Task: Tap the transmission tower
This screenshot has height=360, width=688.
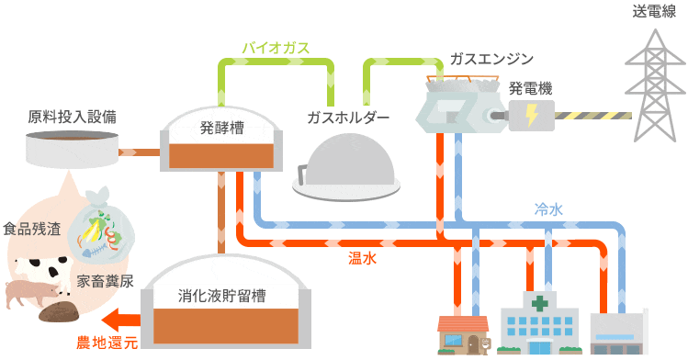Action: [655, 73]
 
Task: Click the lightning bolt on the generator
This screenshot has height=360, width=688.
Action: [532, 115]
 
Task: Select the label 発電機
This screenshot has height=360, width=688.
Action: [531, 89]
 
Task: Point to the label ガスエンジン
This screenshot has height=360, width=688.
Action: [491, 59]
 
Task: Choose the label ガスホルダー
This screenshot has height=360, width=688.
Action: [348, 118]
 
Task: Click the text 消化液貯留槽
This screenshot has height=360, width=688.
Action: [221, 296]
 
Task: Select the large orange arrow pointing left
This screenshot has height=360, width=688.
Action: [119, 321]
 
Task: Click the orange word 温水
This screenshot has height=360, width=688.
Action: [362, 259]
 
